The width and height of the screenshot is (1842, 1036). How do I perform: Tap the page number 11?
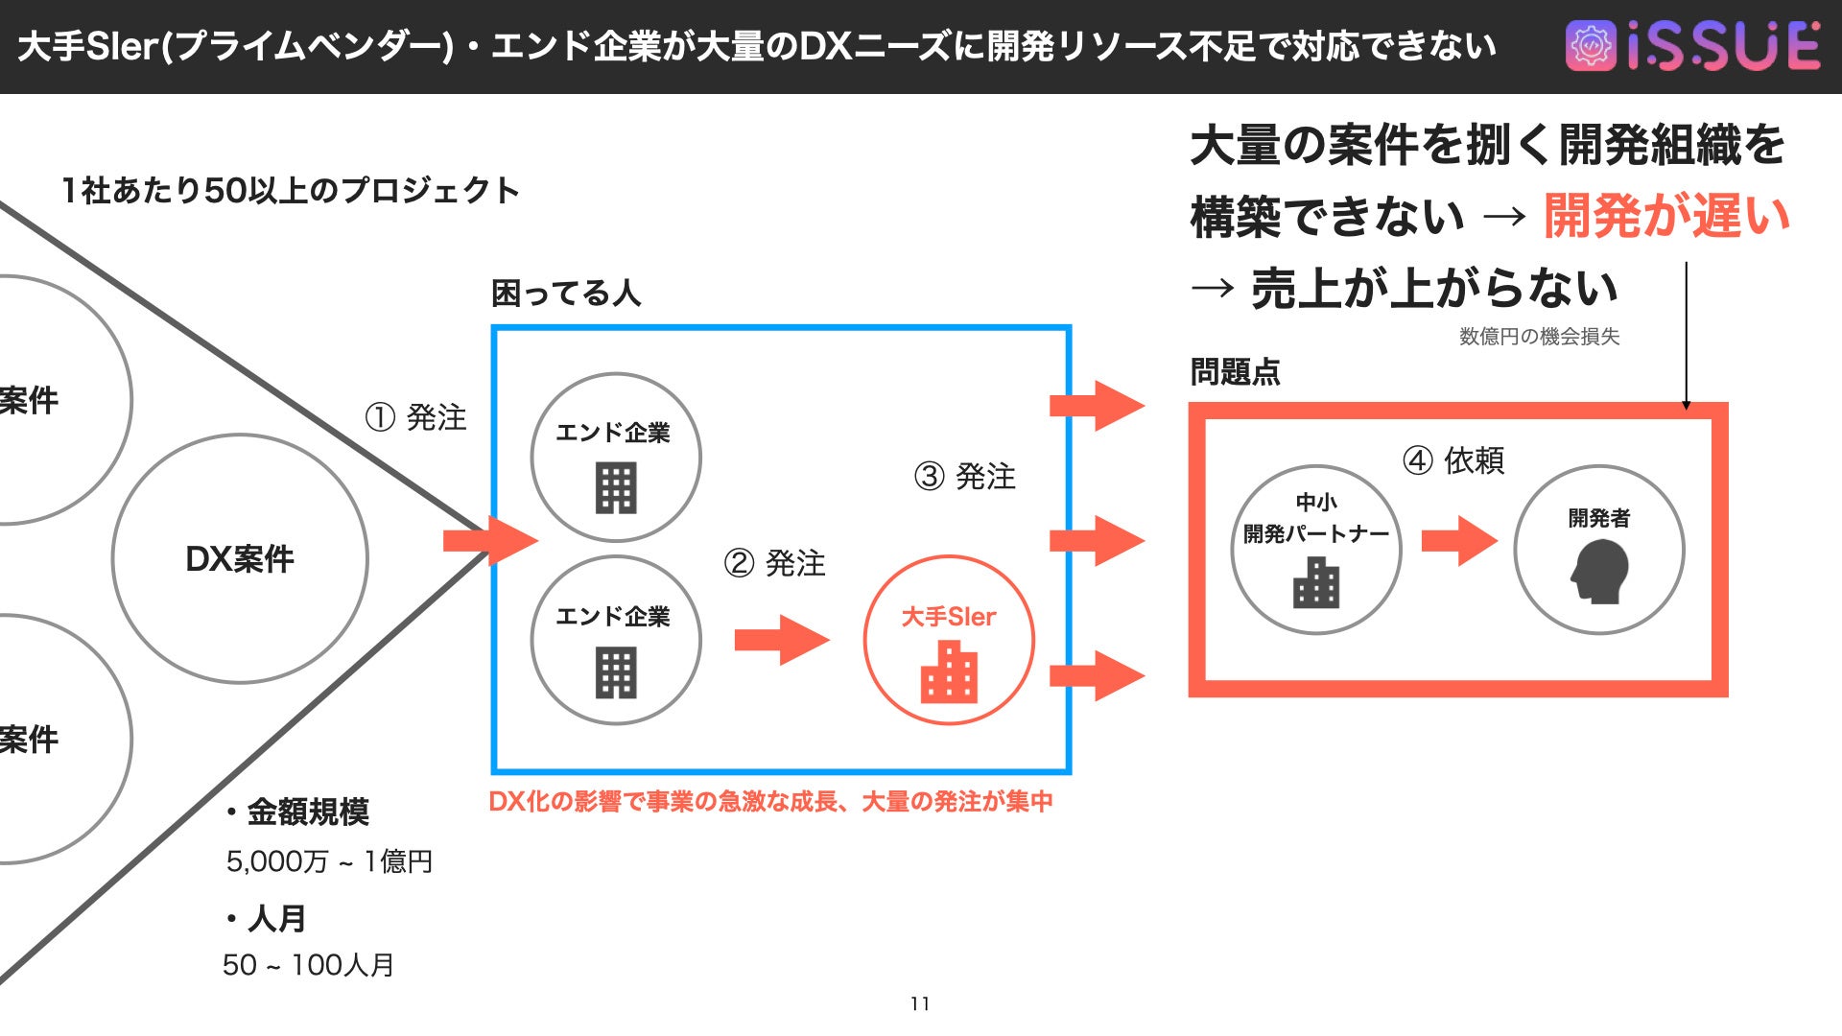(x=920, y=1003)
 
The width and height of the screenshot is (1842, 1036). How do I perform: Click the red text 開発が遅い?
(x=1665, y=216)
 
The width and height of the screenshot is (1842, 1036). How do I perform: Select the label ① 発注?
(x=415, y=417)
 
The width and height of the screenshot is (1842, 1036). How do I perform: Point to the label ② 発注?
(x=774, y=563)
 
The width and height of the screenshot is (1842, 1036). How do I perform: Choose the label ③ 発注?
(x=964, y=476)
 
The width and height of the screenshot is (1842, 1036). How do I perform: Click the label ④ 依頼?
(x=1452, y=460)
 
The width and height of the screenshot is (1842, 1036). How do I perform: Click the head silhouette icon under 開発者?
(x=1599, y=572)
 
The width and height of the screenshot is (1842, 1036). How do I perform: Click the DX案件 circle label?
(x=240, y=558)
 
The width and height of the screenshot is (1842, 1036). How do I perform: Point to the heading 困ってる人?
(x=565, y=293)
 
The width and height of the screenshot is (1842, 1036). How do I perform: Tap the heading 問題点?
(x=1235, y=372)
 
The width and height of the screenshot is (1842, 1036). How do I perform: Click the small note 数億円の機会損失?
(x=1539, y=337)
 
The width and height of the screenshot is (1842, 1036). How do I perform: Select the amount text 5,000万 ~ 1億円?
(x=329, y=861)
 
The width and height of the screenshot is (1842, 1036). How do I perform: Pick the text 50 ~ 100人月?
(x=308, y=965)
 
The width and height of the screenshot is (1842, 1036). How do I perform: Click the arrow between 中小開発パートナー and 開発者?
(x=1458, y=541)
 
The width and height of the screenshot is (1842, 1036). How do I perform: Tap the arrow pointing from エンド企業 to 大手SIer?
(x=781, y=640)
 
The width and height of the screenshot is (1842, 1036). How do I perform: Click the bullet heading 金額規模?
(x=307, y=812)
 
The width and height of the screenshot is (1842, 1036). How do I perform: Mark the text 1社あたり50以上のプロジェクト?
(x=290, y=191)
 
